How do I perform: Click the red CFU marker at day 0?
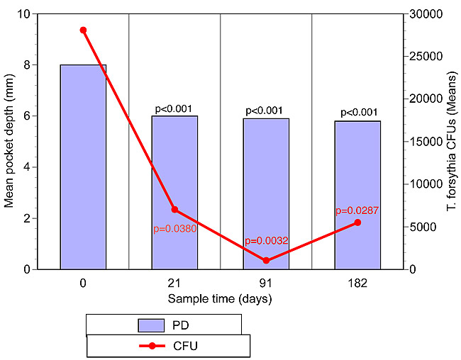point(83,30)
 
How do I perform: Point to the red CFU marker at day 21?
point(174,210)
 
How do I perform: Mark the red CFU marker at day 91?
point(266,261)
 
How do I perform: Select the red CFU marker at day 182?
point(357,223)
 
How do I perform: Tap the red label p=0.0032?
point(266,241)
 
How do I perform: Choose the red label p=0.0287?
point(357,210)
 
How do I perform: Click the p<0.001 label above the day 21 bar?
point(174,109)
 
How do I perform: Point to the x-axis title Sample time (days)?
point(220,298)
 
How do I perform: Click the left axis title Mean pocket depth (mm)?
point(10,142)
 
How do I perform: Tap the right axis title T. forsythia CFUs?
point(450,142)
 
